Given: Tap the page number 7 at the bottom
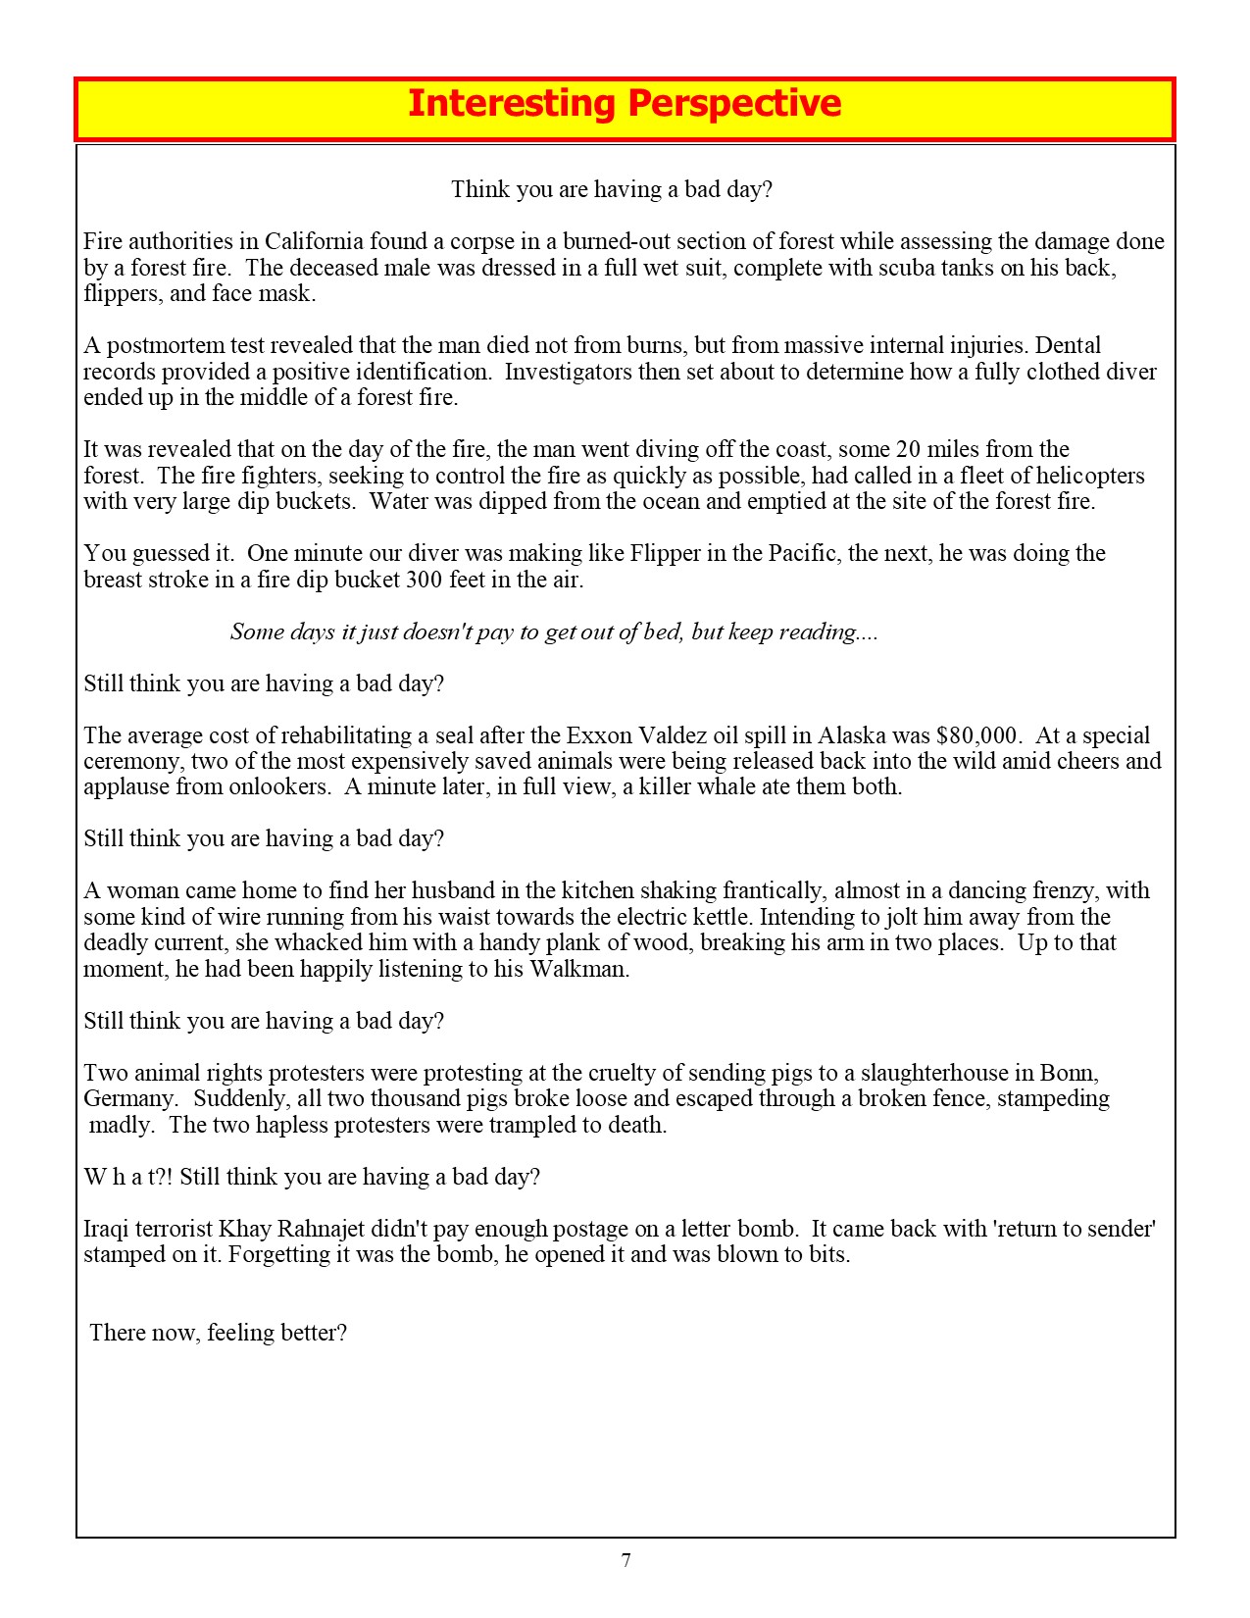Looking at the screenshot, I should (625, 1561).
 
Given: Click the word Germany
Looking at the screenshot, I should (129, 1098).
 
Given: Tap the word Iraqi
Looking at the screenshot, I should (107, 1229).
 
